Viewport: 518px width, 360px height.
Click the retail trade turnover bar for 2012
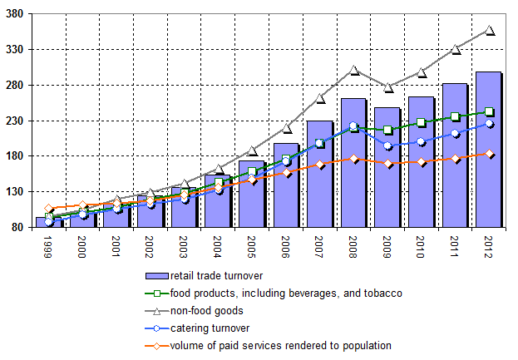pos(489,150)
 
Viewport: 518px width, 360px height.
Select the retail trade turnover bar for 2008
pos(353,163)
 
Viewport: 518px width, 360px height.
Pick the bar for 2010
pos(422,162)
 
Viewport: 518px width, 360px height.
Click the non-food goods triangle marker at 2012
pos(490,30)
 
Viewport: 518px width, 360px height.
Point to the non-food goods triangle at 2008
pos(354,70)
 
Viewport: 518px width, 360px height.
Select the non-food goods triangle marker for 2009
pos(388,86)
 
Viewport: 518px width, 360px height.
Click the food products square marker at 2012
pos(490,111)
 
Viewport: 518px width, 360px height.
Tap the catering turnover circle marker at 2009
pos(388,145)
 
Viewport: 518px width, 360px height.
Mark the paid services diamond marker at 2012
pos(490,154)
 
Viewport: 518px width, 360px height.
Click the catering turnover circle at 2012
pos(490,124)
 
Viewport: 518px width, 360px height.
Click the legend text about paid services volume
pos(280,345)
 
